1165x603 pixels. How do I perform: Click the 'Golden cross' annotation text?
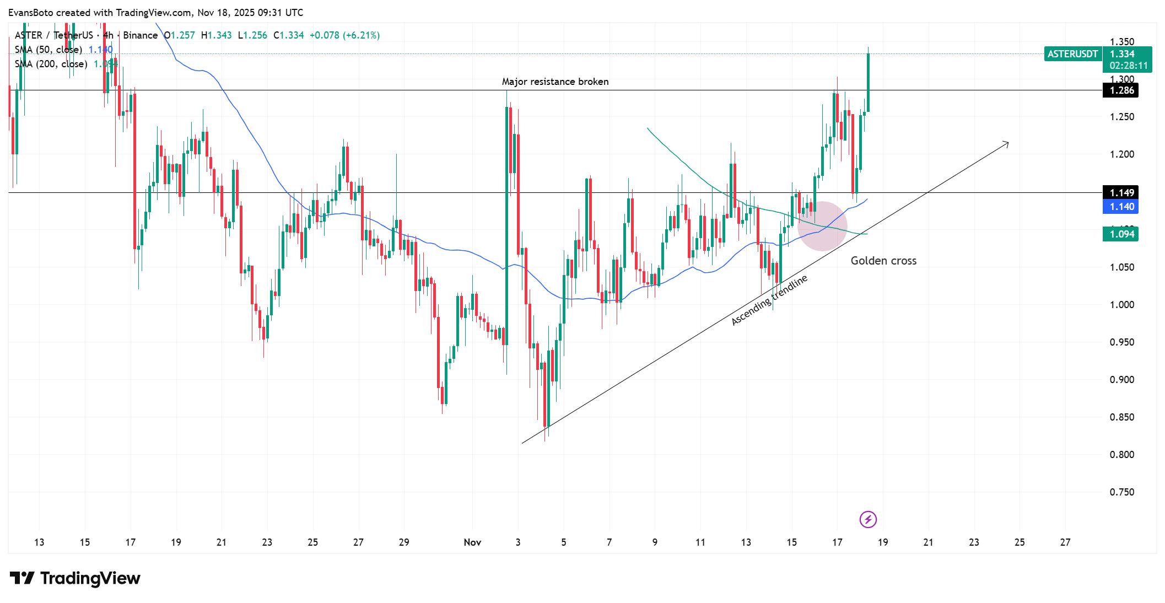pyautogui.click(x=883, y=261)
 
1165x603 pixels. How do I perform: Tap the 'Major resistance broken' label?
pyautogui.click(x=555, y=82)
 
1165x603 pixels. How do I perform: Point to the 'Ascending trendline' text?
pyautogui.click(x=769, y=300)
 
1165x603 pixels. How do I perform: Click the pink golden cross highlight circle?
pyautogui.click(x=822, y=226)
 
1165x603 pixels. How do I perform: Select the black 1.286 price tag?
pyautogui.click(x=1120, y=90)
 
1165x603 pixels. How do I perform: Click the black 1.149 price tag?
pyautogui.click(x=1120, y=192)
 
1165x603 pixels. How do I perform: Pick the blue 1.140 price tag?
pyautogui.click(x=1120, y=207)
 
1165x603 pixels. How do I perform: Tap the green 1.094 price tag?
pyautogui.click(x=1120, y=234)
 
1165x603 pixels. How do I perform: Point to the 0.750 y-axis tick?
pyautogui.click(x=1121, y=492)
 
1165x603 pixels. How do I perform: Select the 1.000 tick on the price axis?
pyautogui.click(x=1121, y=305)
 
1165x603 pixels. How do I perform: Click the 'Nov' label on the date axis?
pyautogui.click(x=472, y=542)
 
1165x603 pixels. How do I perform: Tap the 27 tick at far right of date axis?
pyautogui.click(x=1065, y=542)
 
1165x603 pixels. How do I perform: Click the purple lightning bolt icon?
pyautogui.click(x=868, y=519)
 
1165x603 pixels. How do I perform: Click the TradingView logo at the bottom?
pyautogui.click(x=75, y=578)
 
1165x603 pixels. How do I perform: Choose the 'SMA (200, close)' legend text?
pyautogui.click(x=51, y=64)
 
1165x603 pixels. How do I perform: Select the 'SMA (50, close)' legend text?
pyautogui.click(x=48, y=50)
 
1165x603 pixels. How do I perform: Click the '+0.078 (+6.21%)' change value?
pyautogui.click(x=344, y=35)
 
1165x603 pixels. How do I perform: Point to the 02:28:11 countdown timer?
pyautogui.click(x=1129, y=66)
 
